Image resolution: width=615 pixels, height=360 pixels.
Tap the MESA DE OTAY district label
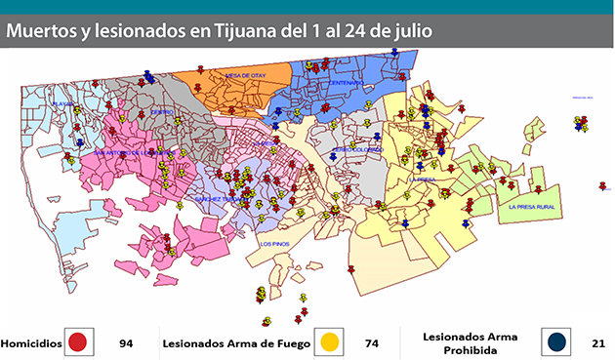pyautogui.click(x=245, y=75)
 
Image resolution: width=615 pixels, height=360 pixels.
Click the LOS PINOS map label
pyautogui.click(x=274, y=244)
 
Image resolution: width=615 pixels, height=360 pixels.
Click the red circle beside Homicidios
pyautogui.click(x=79, y=342)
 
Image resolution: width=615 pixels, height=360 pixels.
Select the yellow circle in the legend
pyautogui.click(x=329, y=342)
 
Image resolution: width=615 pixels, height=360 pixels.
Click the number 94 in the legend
pyautogui.click(x=125, y=343)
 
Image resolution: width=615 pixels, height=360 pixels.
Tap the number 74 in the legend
pyautogui.click(x=372, y=343)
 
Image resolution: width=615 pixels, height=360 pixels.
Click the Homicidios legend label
pyautogui.click(x=31, y=343)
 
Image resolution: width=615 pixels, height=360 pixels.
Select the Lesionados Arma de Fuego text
pyautogui.click(x=236, y=343)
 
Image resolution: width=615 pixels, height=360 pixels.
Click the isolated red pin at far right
pyautogui.click(x=602, y=185)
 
